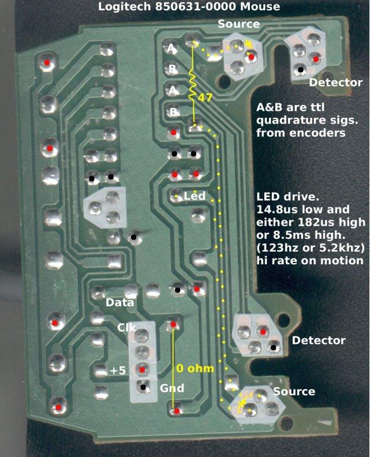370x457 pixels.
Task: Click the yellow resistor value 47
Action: pyautogui.click(x=205, y=98)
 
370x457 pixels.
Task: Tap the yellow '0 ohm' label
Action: pyautogui.click(x=196, y=368)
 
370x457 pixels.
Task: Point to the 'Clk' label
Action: pyautogui.click(x=126, y=328)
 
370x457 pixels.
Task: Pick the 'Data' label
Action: pyautogui.click(x=120, y=302)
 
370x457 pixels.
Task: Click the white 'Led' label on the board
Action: pyautogui.click(x=195, y=197)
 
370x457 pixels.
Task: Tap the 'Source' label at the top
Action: pyautogui.click(x=238, y=24)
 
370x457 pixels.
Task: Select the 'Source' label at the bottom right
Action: pyautogui.click(x=294, y=391)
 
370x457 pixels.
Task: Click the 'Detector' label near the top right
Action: pyautogui.click(x=335, y=83)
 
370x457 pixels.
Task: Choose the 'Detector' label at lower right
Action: pyautogui.click(x=318, y=340)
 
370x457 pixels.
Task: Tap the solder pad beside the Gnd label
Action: pyautogui.click(x=141, y=386)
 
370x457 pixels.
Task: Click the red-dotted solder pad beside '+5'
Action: pyautogui.click(x=141, y=369)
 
